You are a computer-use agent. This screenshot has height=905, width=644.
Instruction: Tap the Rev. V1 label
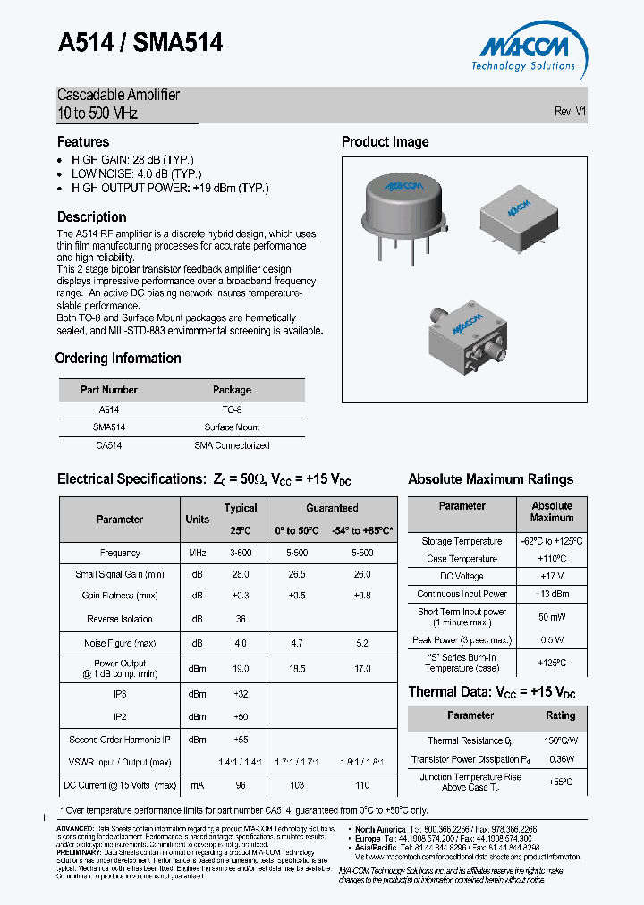click(570, 112)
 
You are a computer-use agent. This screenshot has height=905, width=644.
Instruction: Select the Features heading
click(83, 141)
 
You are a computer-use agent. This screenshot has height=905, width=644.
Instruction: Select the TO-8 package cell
click(232, 409)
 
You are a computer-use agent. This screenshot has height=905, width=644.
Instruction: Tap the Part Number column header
click(109, 390)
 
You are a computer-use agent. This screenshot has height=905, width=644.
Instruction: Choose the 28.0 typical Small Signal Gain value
click(240, 574)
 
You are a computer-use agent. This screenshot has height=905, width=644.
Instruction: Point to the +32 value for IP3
click(240, 693)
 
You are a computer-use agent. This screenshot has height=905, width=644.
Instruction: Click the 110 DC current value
click(361, 785)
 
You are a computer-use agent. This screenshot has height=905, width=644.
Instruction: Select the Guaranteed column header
click(332, 508)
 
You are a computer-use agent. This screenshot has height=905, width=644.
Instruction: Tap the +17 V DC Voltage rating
click(551, 576)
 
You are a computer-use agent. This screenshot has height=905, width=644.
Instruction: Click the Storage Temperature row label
click(462, 541)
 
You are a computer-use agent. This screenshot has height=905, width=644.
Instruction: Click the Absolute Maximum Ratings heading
click(491, 479)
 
